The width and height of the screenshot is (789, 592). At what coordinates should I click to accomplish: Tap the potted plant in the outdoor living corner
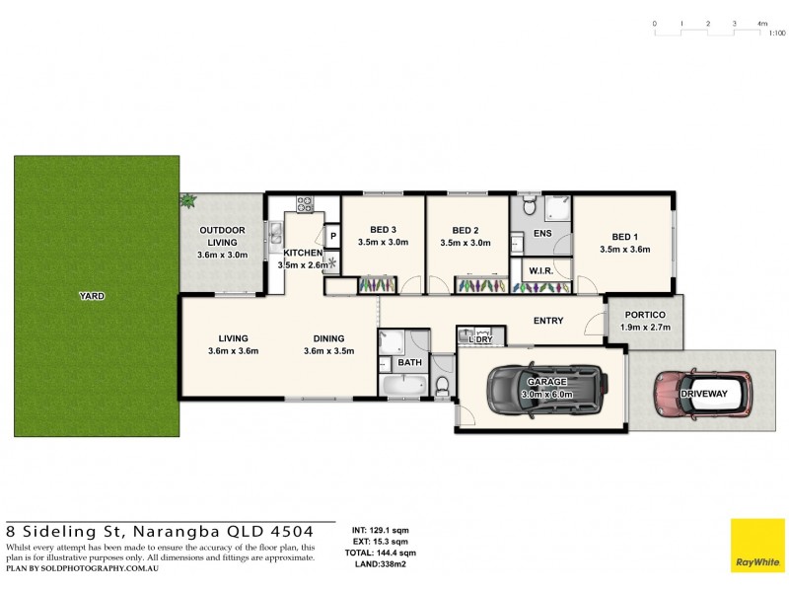186,201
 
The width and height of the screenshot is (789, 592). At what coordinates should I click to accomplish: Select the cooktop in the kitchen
305,206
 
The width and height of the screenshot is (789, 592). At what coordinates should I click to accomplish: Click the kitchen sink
277,234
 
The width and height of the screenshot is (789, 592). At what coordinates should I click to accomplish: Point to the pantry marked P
333,237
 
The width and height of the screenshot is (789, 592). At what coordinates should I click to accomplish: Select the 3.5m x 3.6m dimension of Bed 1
625,250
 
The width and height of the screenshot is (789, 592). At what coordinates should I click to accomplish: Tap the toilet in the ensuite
528,206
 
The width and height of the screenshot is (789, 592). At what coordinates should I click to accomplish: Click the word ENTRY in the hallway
548,321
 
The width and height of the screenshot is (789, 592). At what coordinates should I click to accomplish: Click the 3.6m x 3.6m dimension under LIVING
233,351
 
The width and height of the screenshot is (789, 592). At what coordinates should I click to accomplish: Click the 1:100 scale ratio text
776,33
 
